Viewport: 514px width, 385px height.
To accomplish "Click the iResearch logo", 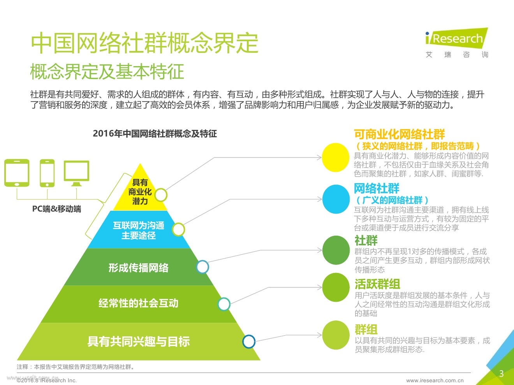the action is (457, 39).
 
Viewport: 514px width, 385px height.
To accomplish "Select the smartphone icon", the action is (47, 173).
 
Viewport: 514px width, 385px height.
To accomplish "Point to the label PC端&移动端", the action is (56, 209).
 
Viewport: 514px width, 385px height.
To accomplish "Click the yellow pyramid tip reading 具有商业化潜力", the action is (140, 191).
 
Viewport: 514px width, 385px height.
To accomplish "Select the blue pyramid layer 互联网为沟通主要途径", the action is (138, 230).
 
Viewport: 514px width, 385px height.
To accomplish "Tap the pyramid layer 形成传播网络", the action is (138, 268).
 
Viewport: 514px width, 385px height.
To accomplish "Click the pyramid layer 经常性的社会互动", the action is (138, 303).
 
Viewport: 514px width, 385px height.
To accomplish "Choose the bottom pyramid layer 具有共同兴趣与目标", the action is (138, 341).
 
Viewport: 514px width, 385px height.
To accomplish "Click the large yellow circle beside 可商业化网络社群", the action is (336, 157).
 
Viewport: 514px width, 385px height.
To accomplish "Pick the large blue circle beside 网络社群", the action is (336, 199).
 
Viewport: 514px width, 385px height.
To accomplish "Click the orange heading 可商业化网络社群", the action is (399, 135).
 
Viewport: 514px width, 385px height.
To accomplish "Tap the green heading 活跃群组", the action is (377, 284).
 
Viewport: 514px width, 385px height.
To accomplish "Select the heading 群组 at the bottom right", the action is (366, 329).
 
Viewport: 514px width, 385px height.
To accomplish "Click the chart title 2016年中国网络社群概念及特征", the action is (155, 134).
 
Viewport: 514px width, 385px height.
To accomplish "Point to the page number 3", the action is (501, 374).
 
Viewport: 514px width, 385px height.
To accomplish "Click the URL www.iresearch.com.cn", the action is (435, 380).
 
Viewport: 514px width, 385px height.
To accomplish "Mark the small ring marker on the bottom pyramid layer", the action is (249, 341).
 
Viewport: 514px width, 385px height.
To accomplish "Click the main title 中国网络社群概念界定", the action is (144, 43).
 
